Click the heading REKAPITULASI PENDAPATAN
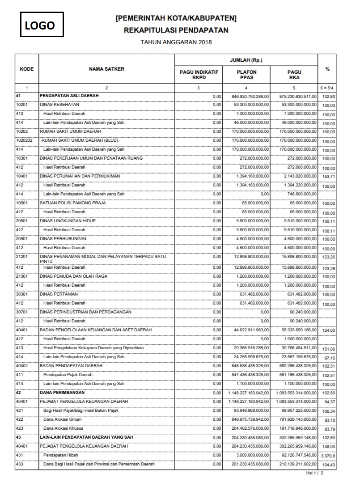(176, 30)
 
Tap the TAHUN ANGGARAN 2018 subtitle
(176, 42)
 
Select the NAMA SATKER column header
(106, 69)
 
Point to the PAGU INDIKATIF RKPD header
(199, 75)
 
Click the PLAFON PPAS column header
(247, 75)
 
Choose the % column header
(327, 69)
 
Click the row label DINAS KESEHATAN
(59, 105)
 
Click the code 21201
(21, 257)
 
